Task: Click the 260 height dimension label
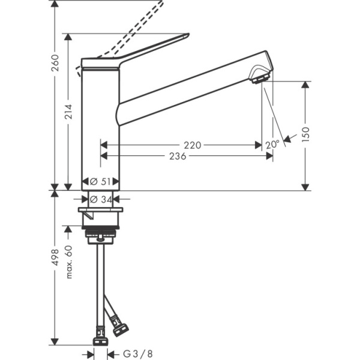pos(55,62)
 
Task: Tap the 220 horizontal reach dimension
pos(192,145)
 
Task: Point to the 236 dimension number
pos(177,156)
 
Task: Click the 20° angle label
pos(272,144)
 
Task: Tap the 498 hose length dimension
pos(55,258)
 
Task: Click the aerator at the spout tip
pos(260,77)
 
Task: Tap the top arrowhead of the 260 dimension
pos(55,4)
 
